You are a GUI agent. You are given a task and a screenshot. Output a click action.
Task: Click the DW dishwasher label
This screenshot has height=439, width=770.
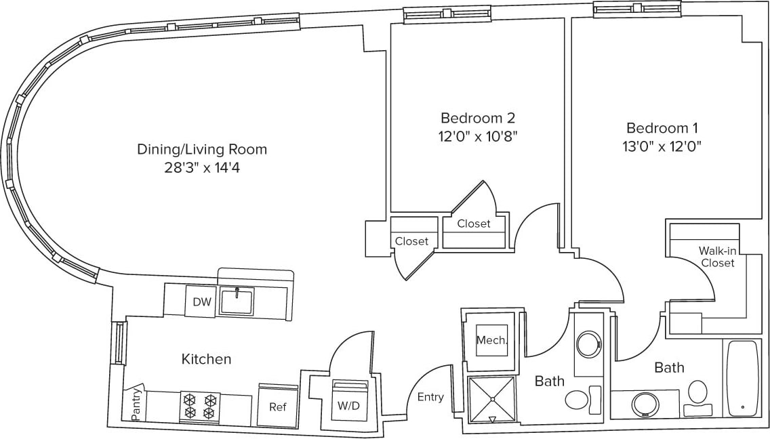pyautogui.click(x=202, y=302)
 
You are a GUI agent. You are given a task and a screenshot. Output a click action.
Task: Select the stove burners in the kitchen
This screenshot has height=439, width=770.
pyautogui.click(x=200, y=406)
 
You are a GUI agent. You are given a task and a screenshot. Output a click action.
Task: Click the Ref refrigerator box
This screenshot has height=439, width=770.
pyautogui.click(x=277, y=406)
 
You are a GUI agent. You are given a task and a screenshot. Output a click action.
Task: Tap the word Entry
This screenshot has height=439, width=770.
pyautogui.click(x=430, y=397)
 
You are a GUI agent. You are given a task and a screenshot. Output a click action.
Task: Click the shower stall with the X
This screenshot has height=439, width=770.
pyautogui.click(x=493, y=399)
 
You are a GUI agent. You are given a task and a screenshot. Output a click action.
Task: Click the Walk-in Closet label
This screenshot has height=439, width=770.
pyautogui.click(x=717, y=257)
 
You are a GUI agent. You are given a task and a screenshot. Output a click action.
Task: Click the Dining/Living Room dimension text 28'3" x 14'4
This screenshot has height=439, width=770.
pyautogui.click(x=202, y=167)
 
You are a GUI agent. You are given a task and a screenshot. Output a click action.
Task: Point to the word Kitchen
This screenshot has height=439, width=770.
pyautogui.click(x=206, y=359)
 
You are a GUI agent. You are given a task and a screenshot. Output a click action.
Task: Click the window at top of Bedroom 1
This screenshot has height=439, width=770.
pyautogui.click(x=636, y=9)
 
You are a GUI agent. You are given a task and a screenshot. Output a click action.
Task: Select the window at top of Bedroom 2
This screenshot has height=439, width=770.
pyautogui.click(x=447, y=14)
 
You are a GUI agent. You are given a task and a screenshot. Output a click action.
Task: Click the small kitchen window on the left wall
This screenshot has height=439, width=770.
pyautogui.click(x=119, y=343)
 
